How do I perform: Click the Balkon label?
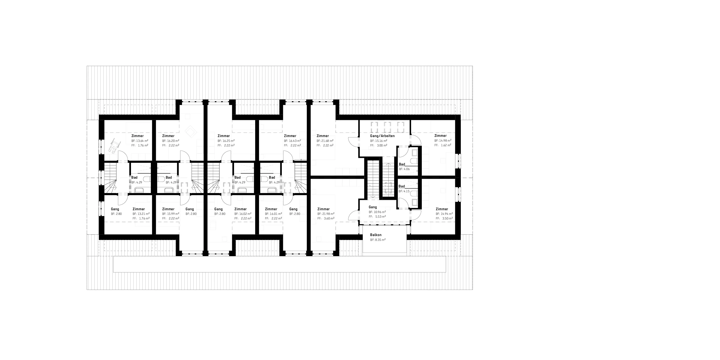coord(376,235)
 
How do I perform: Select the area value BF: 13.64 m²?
coord(140,141)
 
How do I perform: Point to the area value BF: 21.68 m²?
coord(325,141)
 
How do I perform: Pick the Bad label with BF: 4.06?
coord(402,164)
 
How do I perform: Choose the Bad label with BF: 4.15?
coord(402,186)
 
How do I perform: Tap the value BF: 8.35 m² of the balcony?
coord(378,240)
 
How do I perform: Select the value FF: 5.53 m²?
coord(377,217)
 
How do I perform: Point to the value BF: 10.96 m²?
coord(377,212)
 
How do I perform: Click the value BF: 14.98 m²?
coord(443,141)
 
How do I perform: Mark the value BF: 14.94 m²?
coord(444,214)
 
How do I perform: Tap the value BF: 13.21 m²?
coord(141,214)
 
